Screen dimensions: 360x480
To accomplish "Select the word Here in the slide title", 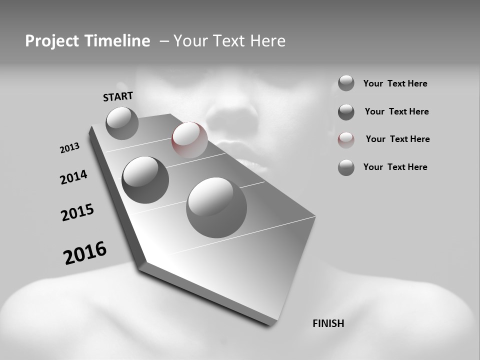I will pos(267,41).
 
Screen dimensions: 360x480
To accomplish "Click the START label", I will pos(118,96).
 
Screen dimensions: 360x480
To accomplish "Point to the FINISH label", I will pos(328,323).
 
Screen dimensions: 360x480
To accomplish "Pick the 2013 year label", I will pos(70,148).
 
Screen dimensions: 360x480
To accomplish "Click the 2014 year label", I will pos(74,177).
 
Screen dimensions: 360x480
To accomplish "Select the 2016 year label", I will pos(85,253).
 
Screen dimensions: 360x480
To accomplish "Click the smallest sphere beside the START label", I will pos(122,123).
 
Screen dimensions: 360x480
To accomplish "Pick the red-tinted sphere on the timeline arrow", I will pos(189,140).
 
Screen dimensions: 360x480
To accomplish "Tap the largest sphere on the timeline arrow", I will pos(216,207).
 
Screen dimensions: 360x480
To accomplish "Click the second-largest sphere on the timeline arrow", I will pos(145,180).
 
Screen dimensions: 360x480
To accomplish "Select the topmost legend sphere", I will pos(346,83).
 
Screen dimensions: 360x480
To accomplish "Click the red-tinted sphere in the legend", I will pos(346,140).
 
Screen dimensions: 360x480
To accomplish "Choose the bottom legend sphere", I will pos(346,167).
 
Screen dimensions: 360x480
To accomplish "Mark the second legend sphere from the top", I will pos(346,112).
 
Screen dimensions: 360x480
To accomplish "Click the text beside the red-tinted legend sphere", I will pos(397,139).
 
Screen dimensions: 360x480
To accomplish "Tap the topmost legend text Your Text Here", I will pos(395,83).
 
